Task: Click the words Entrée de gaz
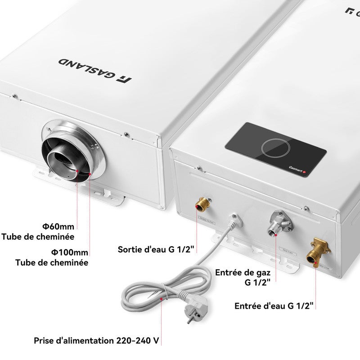pyautogui.click(x=243, y=272)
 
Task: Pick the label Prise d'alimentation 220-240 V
pyautogui.click(x=96, y=340)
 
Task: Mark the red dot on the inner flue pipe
pyautogui.click(x=78, y=171)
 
